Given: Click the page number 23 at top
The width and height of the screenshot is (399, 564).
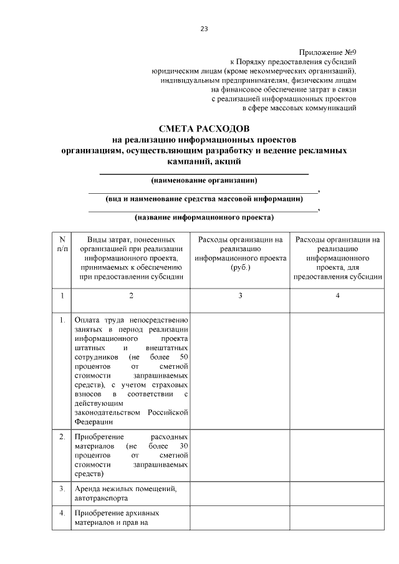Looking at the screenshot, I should [x=204, y=29].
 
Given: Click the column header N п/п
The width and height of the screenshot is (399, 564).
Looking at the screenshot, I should [x=62, y=244].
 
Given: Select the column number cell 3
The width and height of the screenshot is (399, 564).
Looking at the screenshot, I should [x=240, y=295].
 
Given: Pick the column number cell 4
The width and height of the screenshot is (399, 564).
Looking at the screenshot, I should [x=337, y=295].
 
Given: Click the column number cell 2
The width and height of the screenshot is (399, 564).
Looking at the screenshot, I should [x=131, y=295].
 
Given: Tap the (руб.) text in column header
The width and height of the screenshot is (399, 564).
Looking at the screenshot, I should [x=240, y=266].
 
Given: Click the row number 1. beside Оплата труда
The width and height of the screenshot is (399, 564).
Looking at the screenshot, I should [x=62, y=320].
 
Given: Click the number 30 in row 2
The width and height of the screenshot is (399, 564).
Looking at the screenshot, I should [x=183, y=447].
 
